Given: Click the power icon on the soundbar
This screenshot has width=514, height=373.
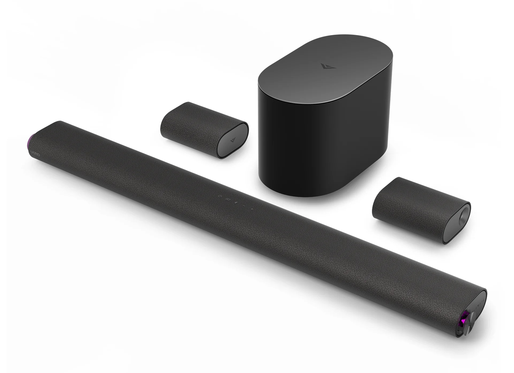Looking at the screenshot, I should point(220,196).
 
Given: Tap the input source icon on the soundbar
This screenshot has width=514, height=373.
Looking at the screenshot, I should point(228,199).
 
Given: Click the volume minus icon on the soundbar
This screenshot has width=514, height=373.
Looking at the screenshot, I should point(244,206).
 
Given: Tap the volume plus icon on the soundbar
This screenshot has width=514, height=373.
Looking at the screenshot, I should point(252,209).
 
